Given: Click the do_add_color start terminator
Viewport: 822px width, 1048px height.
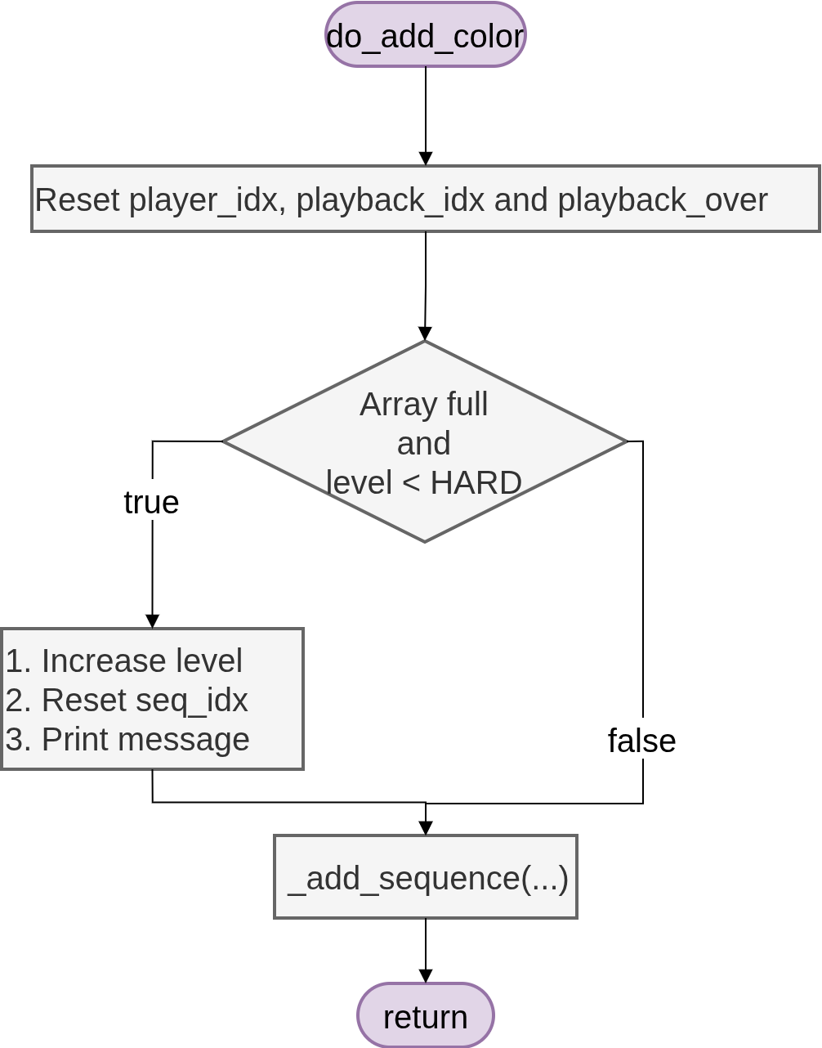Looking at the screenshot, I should (425, 35).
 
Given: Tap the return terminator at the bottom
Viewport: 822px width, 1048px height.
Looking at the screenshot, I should (425, 1016).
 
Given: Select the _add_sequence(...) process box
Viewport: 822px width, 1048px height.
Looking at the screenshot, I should (426, 877).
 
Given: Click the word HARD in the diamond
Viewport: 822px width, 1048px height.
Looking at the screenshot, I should (476, 483).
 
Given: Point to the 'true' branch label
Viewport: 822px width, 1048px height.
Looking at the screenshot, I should (151, 502).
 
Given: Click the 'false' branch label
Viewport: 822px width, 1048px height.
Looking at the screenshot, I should (641, 741).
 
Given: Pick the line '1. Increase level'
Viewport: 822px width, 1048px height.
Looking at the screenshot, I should (124, 661).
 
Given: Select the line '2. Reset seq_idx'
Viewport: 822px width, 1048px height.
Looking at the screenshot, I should (127, 700).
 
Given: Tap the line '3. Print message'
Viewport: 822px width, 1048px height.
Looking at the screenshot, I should (127, 739).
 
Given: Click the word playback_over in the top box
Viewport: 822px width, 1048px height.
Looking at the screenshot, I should (663, 200).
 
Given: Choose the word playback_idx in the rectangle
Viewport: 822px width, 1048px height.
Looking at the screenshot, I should (391, 200).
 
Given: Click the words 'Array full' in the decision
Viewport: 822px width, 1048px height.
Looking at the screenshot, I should (423, 405).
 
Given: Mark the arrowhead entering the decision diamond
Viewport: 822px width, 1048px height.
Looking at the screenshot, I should (425, 334).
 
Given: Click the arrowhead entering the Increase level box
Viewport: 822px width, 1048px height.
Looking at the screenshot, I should (152, 621).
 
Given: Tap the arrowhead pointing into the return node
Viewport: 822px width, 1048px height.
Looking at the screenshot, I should (426, 976).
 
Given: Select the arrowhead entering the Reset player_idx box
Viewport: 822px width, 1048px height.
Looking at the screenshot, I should (426, 159).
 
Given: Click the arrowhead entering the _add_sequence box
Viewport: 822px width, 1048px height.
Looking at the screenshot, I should (426, 828).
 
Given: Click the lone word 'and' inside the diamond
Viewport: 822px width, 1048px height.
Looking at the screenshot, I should (423, 444).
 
